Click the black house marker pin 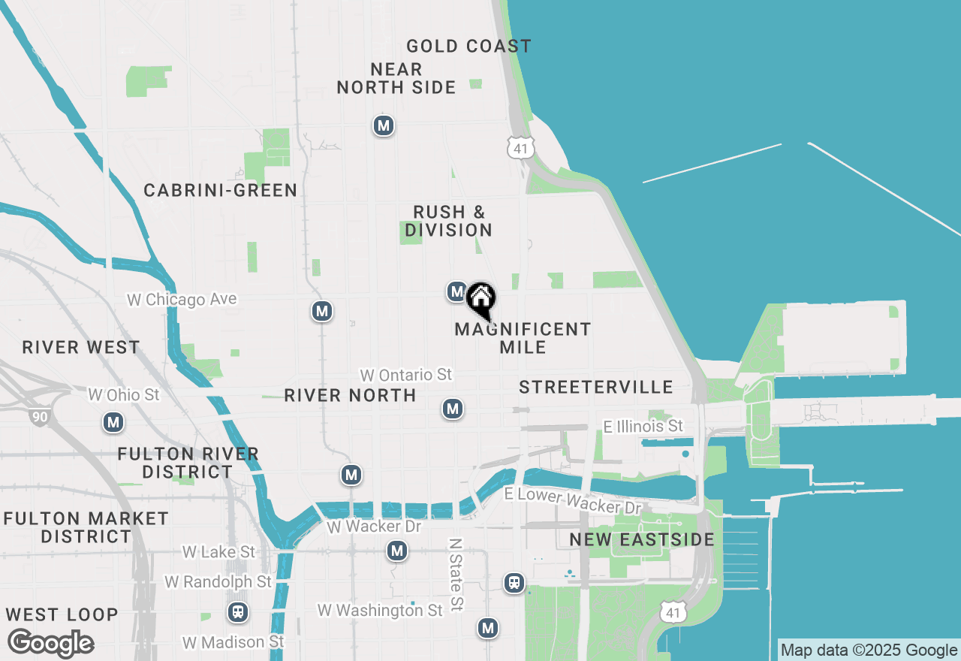480,299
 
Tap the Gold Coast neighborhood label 468,47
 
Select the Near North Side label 396,79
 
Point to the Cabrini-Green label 221,191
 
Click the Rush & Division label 449,221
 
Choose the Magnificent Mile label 523,338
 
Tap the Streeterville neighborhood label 596,388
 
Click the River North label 350,396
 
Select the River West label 81,348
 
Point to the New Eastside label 642,540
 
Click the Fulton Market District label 86,527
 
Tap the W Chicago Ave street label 182,300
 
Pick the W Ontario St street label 406,375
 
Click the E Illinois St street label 643,427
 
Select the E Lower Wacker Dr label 574,500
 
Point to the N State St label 456,574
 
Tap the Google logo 51,643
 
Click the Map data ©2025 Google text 869,650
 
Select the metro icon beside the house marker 456,291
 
